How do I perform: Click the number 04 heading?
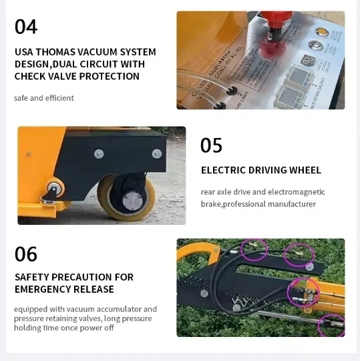pos(26,27)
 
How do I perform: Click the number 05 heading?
pos(212,145)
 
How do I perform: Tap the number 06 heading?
pos(26,254)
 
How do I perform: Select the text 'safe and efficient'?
pos(44,98)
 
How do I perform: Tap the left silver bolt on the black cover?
pos(99,154)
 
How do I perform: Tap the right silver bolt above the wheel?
pos(157,153)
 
